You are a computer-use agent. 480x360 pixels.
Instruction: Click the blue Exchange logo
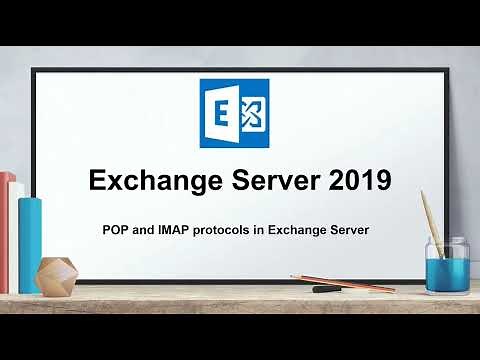(234, 115)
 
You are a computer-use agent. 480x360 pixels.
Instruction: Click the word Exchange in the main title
(154, 182)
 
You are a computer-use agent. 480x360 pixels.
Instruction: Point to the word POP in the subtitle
(115, 229)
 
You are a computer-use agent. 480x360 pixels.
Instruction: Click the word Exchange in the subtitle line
(301, 229)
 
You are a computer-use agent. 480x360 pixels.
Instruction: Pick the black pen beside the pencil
(330, 288)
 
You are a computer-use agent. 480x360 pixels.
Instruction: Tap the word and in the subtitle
(141, 229)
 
